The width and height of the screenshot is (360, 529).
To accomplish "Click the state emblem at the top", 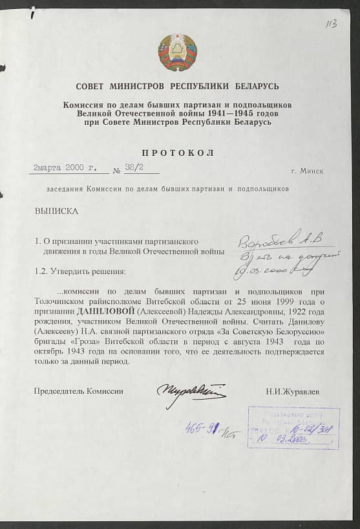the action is tap(178, 52).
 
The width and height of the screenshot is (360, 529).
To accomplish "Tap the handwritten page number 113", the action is tap(332, 24).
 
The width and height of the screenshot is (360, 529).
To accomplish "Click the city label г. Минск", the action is tap(307, 171).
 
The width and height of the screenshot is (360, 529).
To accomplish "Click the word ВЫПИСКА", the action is tap(56, 211).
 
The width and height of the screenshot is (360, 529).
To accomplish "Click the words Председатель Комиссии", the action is tap(79, 391).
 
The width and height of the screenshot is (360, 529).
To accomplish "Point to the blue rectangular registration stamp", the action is tap(293, 427).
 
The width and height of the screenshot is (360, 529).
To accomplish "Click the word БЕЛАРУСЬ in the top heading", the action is tap(252, 86).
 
